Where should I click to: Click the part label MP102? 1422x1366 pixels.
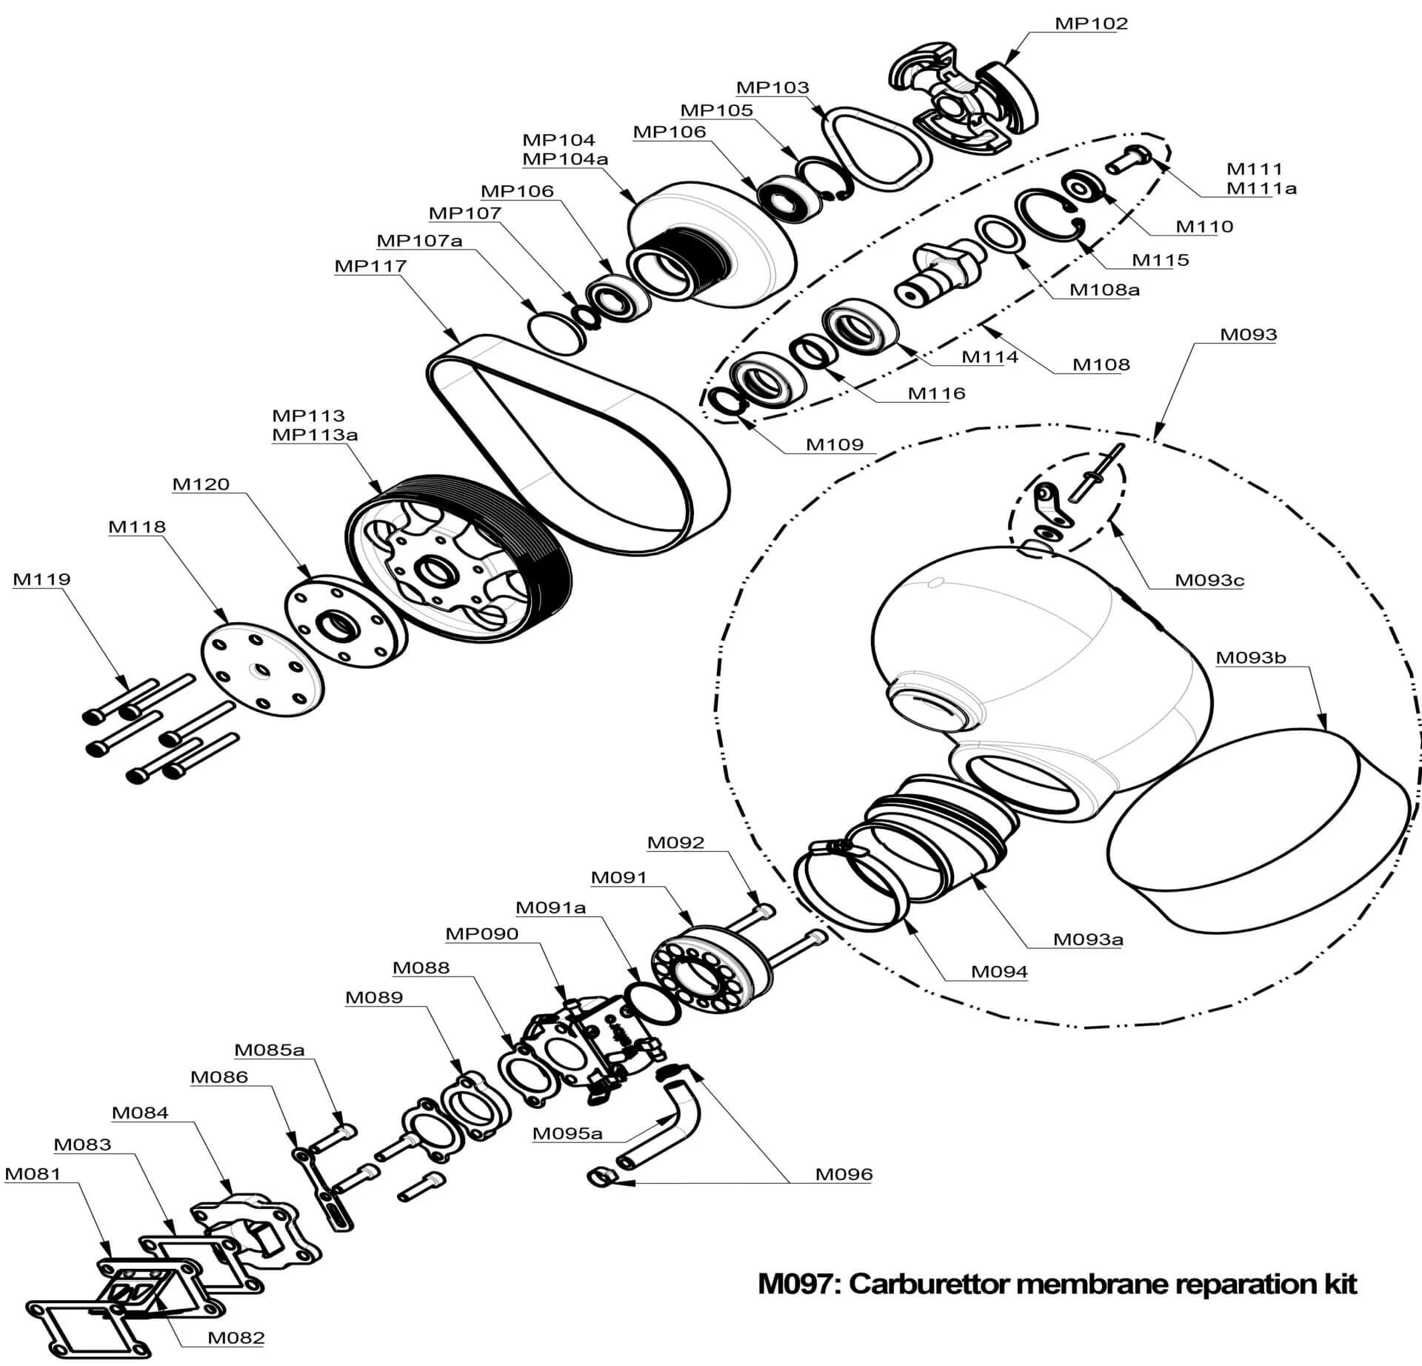(1091, 24)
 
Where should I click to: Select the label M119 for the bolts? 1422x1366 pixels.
(41, 579)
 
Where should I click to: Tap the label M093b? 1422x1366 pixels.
(1251, 658)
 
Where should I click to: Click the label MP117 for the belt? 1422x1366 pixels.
(370, 266)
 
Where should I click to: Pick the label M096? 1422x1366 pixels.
(844, 1174)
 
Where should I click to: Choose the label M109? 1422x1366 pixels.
(835, 444)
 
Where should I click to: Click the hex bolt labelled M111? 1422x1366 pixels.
(1129, 161)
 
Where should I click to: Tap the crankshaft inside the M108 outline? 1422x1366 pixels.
(938, 274)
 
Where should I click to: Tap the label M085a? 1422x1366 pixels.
(269, 1050)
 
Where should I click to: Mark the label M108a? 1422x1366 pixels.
(1104, 290)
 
